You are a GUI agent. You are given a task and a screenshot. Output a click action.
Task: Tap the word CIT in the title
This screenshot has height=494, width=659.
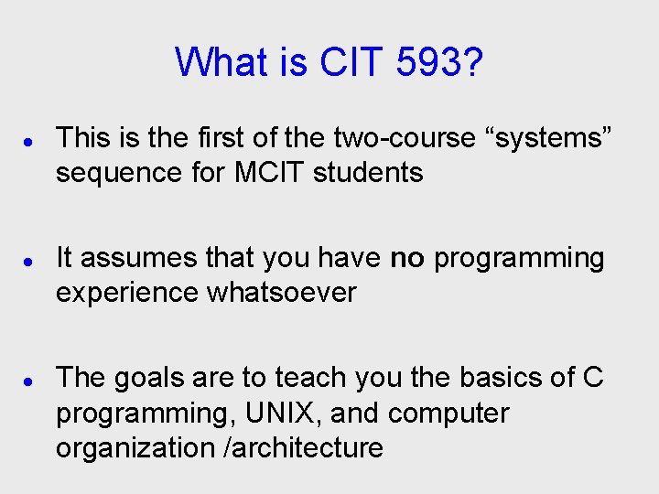(352, 62)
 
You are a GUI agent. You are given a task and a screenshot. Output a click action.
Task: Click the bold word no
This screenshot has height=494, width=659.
(407, 259)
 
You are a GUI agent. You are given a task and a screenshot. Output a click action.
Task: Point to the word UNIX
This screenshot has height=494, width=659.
(279, 413)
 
